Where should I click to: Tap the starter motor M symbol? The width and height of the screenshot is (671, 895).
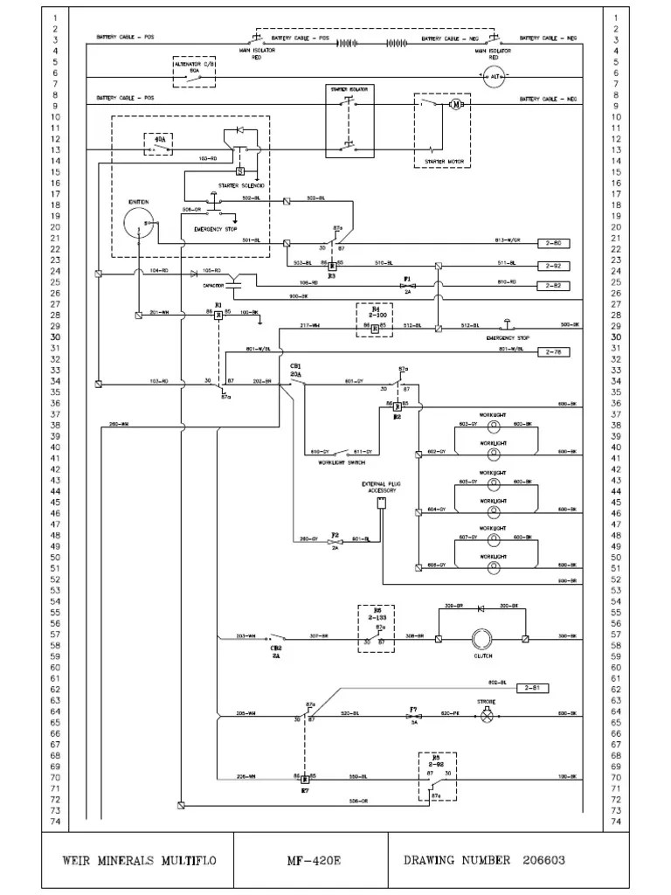pyautogui.click(x=455, y=106)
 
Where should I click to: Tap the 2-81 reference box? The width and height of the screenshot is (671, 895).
pyautogui.click(x=536, y=689)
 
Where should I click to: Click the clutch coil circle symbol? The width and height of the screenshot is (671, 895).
pyautogui.click(x=482, y=640)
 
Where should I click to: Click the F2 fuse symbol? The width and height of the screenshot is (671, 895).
pyautogui.click(x=335, y=542)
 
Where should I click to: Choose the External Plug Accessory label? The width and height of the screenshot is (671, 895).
pyautogui.click(x=381, y=487)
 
